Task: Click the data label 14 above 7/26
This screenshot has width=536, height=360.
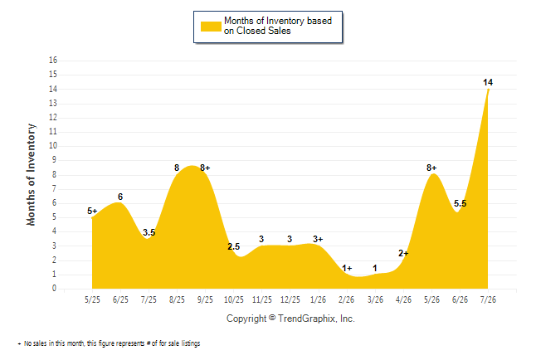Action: (x=488, y=82)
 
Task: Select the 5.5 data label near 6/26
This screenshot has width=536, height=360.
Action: (x=460, y=203)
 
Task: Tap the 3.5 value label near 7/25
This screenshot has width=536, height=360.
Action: (x=149, y=232)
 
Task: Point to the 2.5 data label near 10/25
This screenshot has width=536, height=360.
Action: (x=234, y=246)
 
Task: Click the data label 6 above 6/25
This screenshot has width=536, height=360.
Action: (x=120, y=197)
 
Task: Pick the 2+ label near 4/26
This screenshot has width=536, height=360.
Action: (x=403, y=253)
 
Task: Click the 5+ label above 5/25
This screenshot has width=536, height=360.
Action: (x=92, y=211)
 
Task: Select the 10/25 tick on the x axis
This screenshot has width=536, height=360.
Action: (x=234, y=299)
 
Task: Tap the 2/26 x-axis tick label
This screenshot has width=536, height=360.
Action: (x=346, y=299)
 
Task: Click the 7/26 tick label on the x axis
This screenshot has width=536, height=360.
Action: (x=488, y=299)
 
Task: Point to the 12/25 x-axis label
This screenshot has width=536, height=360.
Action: (x=290, y=299)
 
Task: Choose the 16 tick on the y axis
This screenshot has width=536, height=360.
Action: (x=53, y=61)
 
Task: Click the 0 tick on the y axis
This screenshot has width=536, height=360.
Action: (x=54, y=288)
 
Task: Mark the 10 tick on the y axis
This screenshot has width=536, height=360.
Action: (x=53, y=146)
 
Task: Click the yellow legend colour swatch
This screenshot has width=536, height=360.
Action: (x=211, y=27)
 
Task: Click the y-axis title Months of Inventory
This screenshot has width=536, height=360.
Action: (x=31, y=175)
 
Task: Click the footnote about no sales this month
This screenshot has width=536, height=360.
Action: (x=109, y=343)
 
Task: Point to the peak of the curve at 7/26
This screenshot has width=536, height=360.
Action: (x=488, y=90)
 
